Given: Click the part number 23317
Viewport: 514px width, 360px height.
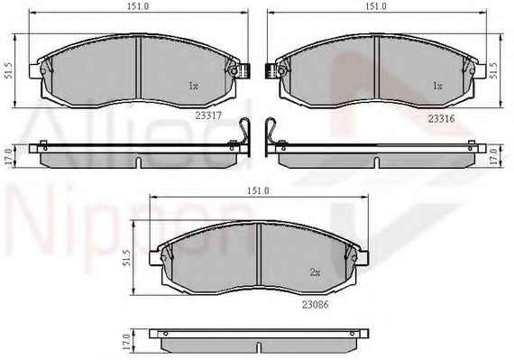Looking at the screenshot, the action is [208, 115].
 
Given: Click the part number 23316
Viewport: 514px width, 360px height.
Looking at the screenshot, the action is [441, 119].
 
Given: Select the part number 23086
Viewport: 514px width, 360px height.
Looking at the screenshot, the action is [315, 305].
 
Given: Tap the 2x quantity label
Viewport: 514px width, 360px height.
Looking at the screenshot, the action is [315, 272].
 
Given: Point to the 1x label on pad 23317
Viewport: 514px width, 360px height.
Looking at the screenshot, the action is [193, 86].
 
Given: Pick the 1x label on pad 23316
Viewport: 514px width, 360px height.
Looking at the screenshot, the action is [438, 86].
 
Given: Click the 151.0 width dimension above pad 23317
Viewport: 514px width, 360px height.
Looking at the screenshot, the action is [138, 6].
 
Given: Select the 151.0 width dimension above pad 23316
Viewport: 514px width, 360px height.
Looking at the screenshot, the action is [376, 6].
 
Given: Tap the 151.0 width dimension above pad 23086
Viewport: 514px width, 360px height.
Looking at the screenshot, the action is [258, 190].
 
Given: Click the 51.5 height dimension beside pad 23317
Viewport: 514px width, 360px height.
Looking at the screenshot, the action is [8, 70].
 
